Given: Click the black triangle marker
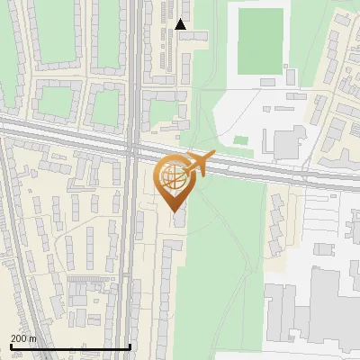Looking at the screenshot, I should (x=181, y=25).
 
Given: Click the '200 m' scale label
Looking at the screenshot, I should (x=23, y=338).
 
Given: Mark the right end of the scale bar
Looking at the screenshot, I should (x=131, y=346).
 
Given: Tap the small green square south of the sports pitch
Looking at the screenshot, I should (x=240, y=139).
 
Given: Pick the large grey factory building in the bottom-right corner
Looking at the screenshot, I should (x=333, y=306).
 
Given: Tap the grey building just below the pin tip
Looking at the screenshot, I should (x=179, y=217).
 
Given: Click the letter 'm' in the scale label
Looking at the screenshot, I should (x=32, y=338).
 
